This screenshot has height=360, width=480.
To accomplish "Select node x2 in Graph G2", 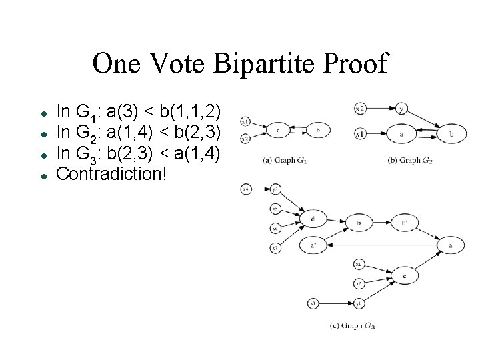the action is click(x=359, y=107).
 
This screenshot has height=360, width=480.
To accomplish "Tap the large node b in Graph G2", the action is click(x=451, y=134).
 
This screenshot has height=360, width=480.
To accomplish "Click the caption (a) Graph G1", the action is click(x=285, y=160).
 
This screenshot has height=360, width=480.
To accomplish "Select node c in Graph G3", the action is click(x=404, y=275).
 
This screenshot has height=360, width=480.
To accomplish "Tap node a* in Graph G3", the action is click(x=313, y=245).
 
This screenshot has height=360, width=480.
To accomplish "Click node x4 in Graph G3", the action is click(x=246, y=190).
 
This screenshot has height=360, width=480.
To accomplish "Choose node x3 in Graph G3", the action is click(x=312, y=304).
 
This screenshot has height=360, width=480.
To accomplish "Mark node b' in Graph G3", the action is click(x=404, y=222).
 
